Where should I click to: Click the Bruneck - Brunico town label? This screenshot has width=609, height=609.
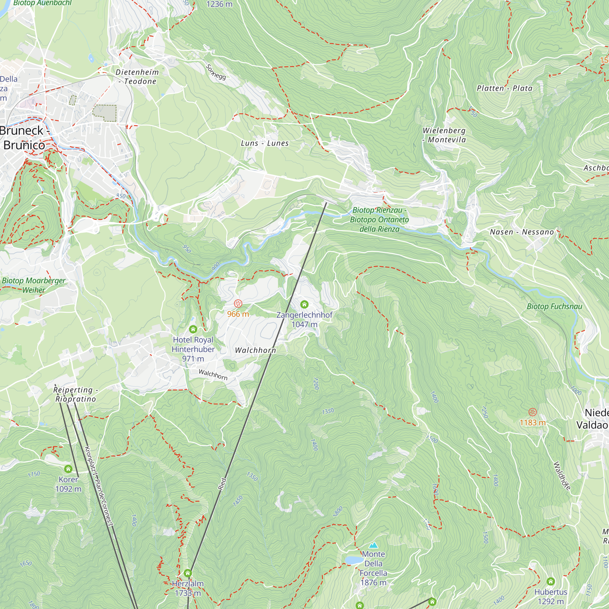24,138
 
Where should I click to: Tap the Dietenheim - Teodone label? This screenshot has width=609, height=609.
137,77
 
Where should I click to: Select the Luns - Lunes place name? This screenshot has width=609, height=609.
265,143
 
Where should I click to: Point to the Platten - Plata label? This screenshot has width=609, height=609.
504,88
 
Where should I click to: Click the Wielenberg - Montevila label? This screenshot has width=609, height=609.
444,135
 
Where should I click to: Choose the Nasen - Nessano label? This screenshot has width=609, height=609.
522,232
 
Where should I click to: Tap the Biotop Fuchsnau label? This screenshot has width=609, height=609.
554,306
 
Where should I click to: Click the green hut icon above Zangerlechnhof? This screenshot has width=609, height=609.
304,304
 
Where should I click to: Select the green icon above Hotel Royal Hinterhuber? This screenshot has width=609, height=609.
193,329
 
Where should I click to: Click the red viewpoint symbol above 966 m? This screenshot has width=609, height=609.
238,304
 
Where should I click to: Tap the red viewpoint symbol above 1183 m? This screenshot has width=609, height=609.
532,412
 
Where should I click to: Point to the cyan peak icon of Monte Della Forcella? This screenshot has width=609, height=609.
373,545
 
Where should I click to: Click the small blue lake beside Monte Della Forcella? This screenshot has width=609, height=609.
353,560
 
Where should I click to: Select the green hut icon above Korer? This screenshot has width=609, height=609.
68,469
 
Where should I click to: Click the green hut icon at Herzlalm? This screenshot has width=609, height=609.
188,573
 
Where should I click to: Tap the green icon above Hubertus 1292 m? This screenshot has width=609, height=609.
551,581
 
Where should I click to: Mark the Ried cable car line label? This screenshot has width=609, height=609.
222,484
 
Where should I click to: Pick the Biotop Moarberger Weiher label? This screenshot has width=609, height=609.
33,285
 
